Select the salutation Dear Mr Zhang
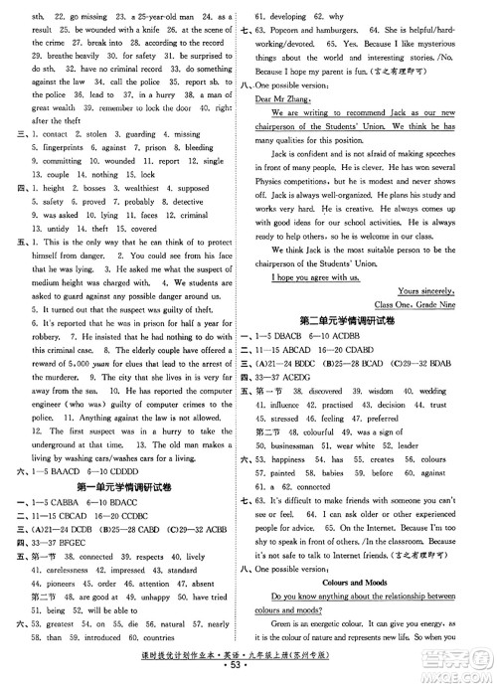tap(283, 127)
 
